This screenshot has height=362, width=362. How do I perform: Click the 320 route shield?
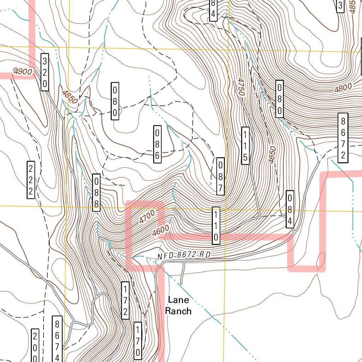point(45,72)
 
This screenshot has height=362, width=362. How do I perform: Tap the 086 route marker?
point(158,144)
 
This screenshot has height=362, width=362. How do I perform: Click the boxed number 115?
point(245,146)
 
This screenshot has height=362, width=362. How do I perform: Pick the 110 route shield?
point(216,226)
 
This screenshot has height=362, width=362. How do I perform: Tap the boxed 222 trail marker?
point(31,180)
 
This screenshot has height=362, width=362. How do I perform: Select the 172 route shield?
point(125,300)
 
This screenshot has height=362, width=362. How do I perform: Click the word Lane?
point(179,300)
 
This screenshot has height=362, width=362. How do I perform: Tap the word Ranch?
point(179,311)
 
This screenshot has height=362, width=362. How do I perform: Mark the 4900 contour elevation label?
point(23,72)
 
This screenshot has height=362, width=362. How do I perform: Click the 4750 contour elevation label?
point(241,87)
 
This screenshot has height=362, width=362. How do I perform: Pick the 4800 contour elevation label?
point(343,87)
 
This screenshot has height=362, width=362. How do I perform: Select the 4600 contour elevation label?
point(161,231)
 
